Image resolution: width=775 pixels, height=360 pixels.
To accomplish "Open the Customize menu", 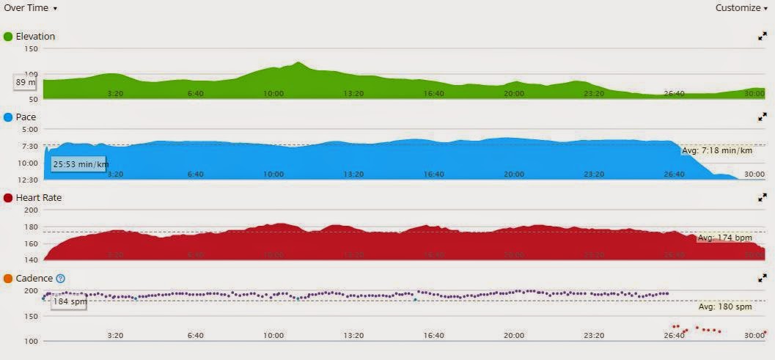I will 743,8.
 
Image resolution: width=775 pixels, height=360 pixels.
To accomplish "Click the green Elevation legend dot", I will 9,37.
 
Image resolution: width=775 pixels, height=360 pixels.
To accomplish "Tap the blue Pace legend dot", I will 9,117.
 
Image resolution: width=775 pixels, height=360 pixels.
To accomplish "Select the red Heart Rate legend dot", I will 9,198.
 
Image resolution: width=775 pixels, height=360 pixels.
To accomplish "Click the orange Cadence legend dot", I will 9,279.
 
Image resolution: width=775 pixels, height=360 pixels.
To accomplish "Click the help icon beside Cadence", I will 61,279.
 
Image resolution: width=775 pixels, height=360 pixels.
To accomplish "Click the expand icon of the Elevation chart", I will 763,36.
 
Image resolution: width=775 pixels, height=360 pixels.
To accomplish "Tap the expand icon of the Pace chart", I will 763,117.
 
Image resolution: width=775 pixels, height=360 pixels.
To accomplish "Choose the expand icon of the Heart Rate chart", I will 763,197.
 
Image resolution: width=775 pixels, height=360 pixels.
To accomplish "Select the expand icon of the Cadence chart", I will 763,278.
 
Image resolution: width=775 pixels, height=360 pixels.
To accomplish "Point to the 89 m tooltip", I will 26,83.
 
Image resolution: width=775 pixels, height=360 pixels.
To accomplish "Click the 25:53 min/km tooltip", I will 80,164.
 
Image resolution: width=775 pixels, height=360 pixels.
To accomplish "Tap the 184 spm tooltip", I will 68,301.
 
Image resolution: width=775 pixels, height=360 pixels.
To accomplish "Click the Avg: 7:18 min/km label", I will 716,151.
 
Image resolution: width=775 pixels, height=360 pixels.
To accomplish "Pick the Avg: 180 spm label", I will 725,306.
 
